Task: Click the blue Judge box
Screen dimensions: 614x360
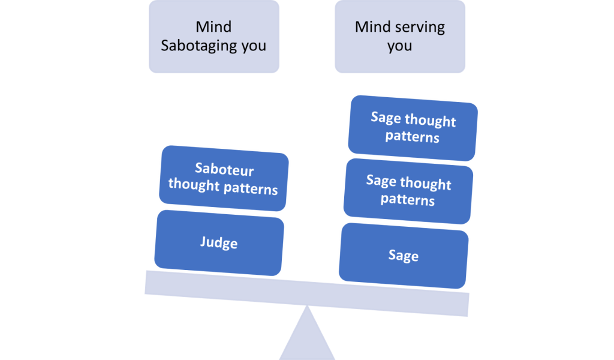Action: pyautogui.click(x=219, y=243)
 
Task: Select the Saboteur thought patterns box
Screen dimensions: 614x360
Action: pyautogui.click(x=224, y=178)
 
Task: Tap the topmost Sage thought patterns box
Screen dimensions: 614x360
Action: pyautogui.click(x=413, y=128)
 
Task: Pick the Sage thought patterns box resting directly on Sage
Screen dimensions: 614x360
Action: pyautogui.click(x=408, y=191)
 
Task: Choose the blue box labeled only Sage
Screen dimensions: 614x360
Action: pyautogui.click(x=404, y=256)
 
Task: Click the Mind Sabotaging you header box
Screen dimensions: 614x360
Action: pyautogui.click(x=214, y=37)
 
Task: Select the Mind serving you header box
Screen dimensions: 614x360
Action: pyautogui.click(x=400, y=37)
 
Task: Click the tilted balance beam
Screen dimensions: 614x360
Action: pyautogui.click(x=306, y=293)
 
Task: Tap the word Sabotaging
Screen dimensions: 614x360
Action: pyautogui.click(x=199, y=46)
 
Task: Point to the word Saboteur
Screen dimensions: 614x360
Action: pyautogui.click(x=224, y=169)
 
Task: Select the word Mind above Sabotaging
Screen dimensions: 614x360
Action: pyautogui.click(x=213, y=26)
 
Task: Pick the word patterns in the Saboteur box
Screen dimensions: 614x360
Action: pyautogui.click(x=251, y=189)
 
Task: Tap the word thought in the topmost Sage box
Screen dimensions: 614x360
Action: pyautogui.click(x=431, y=121)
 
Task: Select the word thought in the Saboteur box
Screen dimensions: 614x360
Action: pyautogui.click(x=194, y=185)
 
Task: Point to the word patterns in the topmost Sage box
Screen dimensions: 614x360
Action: pyautogui.click(x=413, y=137)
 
